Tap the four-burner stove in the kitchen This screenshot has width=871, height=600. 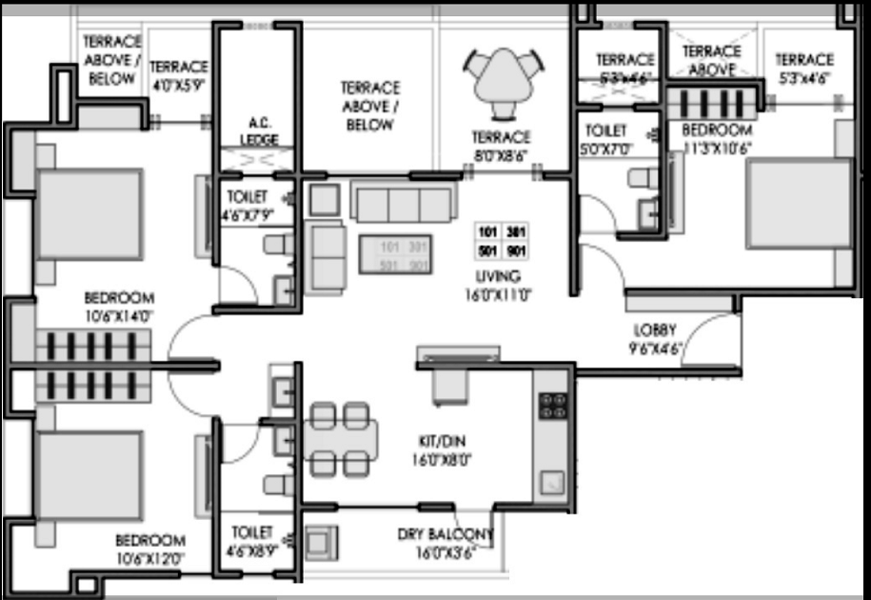coord(553,406)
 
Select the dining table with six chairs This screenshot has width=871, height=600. coord(340,439)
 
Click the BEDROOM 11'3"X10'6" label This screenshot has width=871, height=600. coord(716,138)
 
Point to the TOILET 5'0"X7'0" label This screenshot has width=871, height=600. coord(606,138)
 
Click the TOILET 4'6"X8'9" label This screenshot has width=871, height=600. coord(251,540)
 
